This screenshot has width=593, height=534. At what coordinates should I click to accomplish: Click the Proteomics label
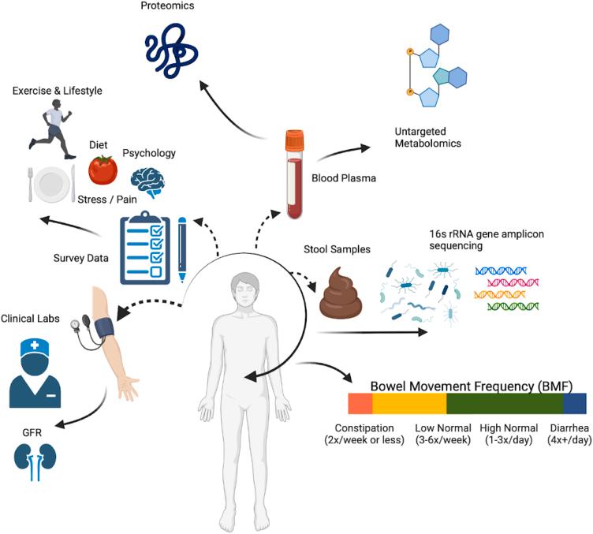(x=168, y=6)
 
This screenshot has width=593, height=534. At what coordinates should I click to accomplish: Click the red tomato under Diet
(x=102, y=169)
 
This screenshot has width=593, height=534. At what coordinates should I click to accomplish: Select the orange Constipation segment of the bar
(x=360, y=404)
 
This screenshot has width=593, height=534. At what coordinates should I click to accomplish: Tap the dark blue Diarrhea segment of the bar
(x=574, y=404)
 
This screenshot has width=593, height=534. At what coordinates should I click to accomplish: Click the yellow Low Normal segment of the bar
(x=408, y=404)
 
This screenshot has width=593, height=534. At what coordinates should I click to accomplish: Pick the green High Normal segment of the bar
(x=504, y=404)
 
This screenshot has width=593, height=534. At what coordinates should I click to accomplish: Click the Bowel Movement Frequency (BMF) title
(x=472, y=386)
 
